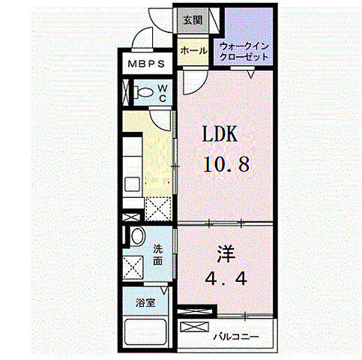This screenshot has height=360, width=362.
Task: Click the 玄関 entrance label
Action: click(193, 20)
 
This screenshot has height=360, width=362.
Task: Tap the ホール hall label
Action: click(193, 51)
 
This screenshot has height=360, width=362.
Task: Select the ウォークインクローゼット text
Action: click(244, 52)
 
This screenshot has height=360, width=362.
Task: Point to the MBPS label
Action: click(146, 64)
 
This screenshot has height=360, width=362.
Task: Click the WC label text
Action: click(163, 93)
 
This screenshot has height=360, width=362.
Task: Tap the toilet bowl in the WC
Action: click(143, 92)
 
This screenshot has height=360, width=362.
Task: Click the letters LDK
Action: click(220, 134)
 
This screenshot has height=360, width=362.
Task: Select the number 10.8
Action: click(226, 164)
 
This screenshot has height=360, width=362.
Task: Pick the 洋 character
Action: click(226, 254)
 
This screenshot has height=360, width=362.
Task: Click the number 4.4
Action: click(226, 278)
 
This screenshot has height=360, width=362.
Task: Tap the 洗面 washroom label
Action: click(157, 255)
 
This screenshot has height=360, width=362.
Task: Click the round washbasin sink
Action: click(138, 236)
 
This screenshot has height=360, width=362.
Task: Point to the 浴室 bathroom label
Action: click(145, 303)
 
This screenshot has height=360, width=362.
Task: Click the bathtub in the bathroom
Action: click(145, 331)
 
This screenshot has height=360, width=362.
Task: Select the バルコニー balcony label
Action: click(236, 337)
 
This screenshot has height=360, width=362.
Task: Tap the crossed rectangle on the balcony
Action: click(194, 327)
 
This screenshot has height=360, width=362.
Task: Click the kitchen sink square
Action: click(132, 184)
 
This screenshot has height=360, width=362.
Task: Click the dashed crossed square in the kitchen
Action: click(158, 209)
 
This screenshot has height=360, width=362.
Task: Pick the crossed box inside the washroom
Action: click(133, 268)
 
